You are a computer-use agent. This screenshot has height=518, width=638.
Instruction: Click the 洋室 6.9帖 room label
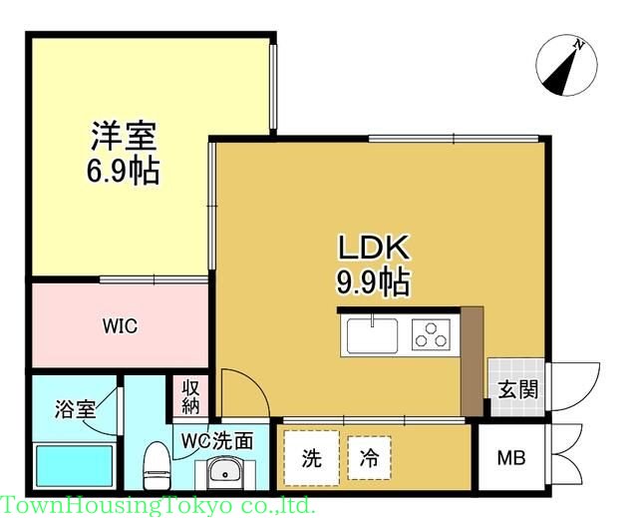click(x=124, y=153)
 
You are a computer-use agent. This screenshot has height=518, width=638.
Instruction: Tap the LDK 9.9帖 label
click(x=374, y=264)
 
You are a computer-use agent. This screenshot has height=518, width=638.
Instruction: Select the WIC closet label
click(x=120, y=326)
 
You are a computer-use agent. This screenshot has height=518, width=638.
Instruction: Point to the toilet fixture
click(x=157, y=465)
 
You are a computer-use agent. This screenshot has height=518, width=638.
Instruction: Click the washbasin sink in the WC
click(x=224, y=474)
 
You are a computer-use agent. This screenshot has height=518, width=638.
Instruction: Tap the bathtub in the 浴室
click(x=75, y=465)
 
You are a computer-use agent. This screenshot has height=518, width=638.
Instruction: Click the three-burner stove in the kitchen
click(x=431, y=334)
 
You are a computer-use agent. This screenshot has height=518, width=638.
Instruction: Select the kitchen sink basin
click(x=372, y=336)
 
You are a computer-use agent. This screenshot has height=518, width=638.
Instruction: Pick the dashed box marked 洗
click(x=311, y=458)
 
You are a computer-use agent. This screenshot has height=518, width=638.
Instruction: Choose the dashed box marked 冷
click(x=369, y=458)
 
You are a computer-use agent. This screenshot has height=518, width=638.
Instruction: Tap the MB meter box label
click(x=511, y=458)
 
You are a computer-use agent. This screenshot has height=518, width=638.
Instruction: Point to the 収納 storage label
click(x=190, y=396)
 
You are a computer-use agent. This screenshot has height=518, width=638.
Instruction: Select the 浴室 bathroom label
click(x=76, y=409)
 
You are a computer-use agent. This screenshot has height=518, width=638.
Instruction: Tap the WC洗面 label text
click(x=217, y=441)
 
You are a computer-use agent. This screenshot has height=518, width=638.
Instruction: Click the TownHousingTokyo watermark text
click(x=158, y=506)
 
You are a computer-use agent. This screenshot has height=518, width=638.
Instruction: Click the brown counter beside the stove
click(x=472, y=361)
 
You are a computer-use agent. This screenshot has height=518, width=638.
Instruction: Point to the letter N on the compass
click(x=578, y=45)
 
